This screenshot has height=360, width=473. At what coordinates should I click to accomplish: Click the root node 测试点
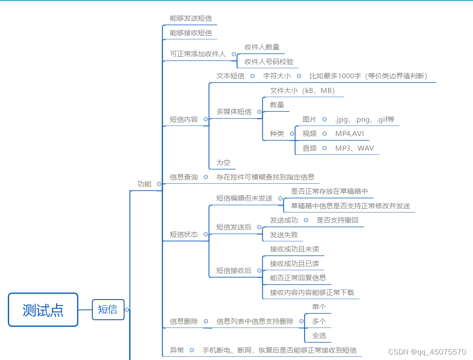click(43, 310)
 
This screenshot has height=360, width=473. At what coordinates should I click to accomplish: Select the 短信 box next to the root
click(108, 310)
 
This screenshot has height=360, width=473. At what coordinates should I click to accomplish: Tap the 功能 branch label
click(144, 184)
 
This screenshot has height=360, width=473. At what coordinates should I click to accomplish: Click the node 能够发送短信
click(190, 18)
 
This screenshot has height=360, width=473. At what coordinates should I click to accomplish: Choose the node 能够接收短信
click(190, 33)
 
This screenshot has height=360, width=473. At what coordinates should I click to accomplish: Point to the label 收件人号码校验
click(269, 61)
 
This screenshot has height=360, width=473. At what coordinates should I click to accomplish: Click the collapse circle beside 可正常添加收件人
click(234, 54)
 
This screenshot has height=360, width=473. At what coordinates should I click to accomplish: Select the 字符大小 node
click(277, 76)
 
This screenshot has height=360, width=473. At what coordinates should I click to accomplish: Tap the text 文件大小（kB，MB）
click(302, 90)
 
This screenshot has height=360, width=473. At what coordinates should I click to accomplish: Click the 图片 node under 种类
click(309, 119)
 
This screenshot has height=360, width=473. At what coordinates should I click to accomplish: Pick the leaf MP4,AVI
click(349, 134)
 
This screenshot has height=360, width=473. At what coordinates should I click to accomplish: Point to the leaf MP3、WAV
click(354, 148)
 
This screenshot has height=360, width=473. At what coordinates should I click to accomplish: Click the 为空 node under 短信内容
click(223, 163)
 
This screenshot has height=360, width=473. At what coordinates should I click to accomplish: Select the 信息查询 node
click(184, 177)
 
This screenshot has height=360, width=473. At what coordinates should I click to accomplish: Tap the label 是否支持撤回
click(337, 220)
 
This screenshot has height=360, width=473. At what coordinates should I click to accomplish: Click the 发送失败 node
click(284, 235)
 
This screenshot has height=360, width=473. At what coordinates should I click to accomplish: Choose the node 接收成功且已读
click(294, 264)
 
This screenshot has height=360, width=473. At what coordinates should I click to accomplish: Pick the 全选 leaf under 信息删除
click(319, 336)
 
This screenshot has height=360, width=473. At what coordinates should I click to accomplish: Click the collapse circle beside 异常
click(192, 350)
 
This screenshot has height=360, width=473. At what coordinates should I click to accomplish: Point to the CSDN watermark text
click(427, 352)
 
